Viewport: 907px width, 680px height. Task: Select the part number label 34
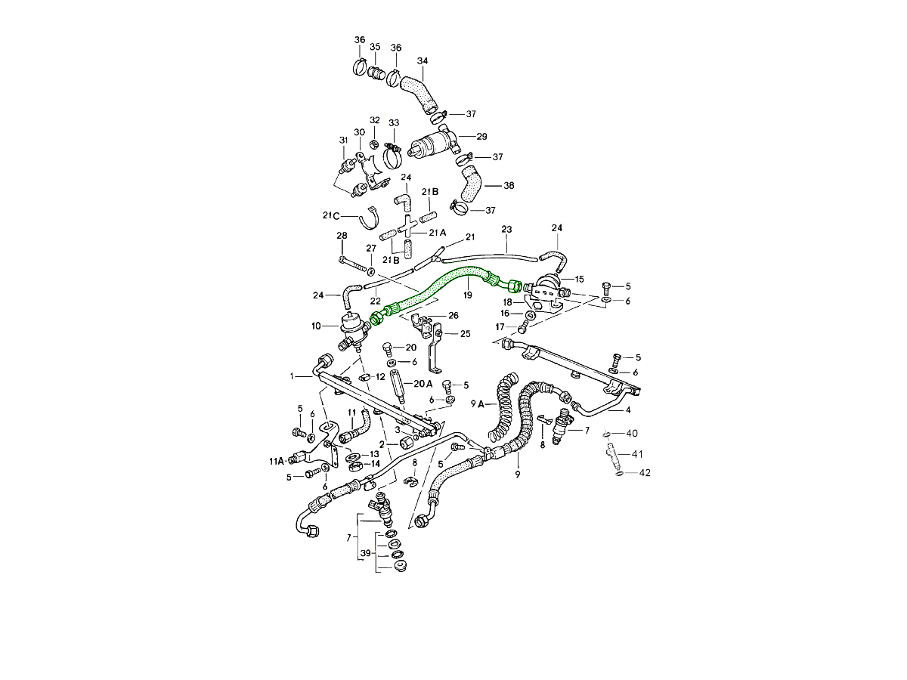pyautogui.click(x=423, y=61)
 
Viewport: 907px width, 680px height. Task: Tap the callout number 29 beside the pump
pyautogui.click(x=481, y=136)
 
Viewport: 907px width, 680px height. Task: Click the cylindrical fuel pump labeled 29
pyautogui.click(x=434, y=144)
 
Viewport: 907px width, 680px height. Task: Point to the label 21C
pyautogui.click(x=331, y=215)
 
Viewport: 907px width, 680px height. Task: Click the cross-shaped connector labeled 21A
pyautogui.click(x=407, y=228)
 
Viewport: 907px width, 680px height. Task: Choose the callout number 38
pyautogui.click(x=509, y=185)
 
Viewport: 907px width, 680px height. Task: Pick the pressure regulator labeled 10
pyautogui.click(x=352, y=331)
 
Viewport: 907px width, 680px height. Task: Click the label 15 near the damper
pyautogui.click(x=579, y=279)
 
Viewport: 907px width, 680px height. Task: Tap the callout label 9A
pyautogui.click(x=477, y=404)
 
